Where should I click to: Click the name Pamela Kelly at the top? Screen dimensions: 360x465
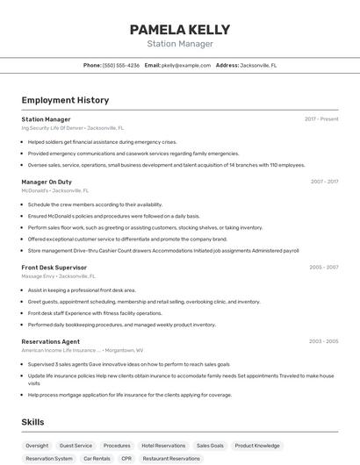(180, 29)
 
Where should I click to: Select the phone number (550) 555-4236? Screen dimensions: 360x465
(121, 65)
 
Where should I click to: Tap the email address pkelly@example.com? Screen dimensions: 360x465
(186, 65)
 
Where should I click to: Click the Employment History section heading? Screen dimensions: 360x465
(65, 100)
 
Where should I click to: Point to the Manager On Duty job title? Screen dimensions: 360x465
(47, 182)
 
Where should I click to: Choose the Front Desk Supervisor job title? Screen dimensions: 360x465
(54, 267)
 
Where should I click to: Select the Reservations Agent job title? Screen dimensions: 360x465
(50, 341)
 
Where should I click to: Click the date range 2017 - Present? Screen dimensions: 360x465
(321, 119)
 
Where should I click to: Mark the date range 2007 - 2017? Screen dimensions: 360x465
(324, 182)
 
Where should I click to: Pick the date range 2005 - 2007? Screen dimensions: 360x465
(324, 267)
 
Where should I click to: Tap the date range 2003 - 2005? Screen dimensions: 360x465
(324, 341)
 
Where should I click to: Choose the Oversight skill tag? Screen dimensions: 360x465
(37, 446)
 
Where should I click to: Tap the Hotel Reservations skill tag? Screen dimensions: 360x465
(163, 446)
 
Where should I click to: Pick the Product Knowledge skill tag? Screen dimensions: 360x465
(257, 446)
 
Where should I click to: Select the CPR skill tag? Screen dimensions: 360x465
(126, 458)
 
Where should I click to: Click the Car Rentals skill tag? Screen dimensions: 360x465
(97, 458)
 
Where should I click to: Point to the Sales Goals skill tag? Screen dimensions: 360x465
(210, 446)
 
